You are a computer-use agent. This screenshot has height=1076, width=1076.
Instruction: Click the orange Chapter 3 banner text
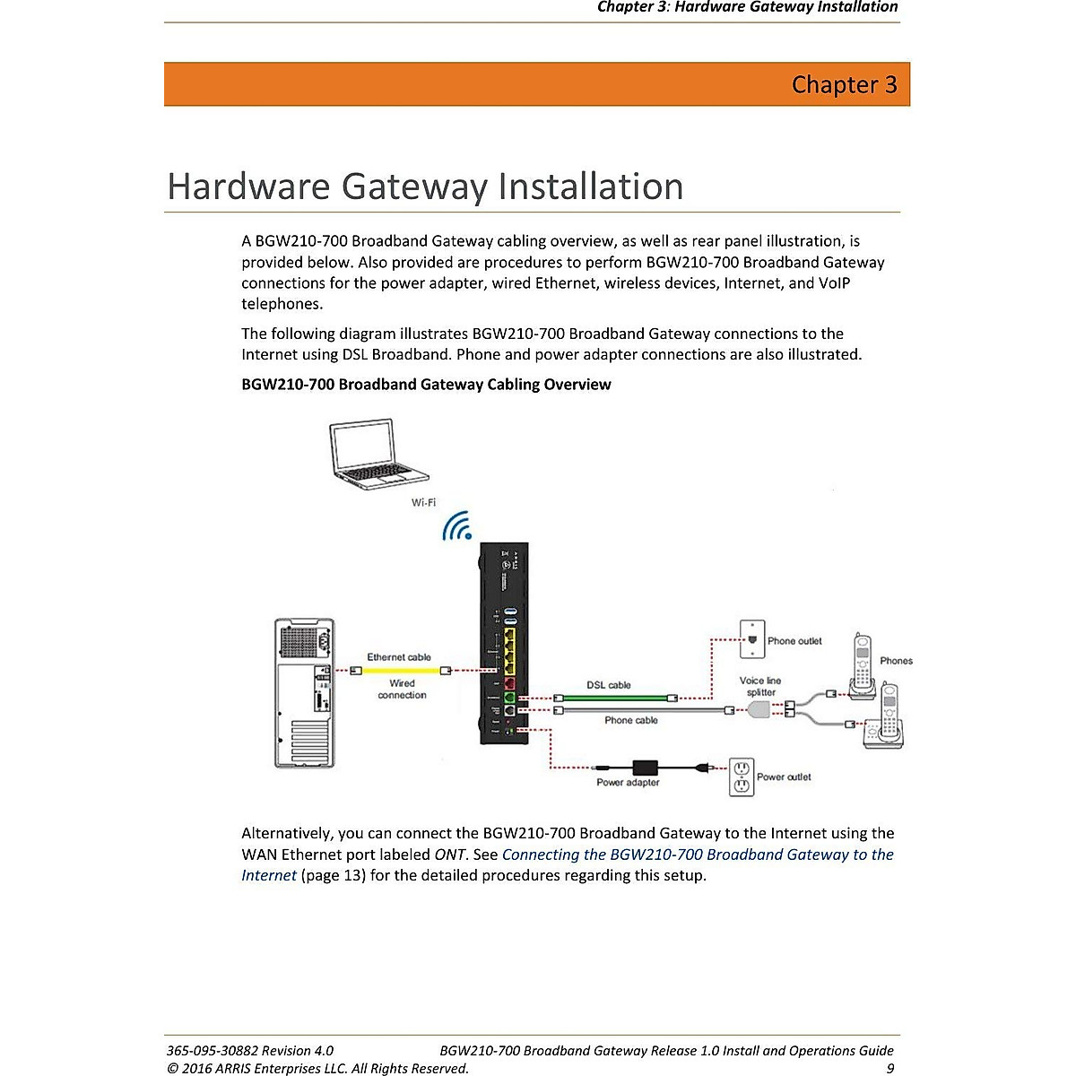pyautogui.click(x=844, y=84)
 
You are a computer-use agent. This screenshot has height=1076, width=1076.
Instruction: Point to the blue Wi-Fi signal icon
pyautogui.click(x=458, y=526)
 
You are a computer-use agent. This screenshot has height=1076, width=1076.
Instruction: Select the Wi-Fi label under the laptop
pyautogui.click(x=423, y=503)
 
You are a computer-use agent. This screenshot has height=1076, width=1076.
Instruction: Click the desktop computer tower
pyautogui.click(x=305, y=693)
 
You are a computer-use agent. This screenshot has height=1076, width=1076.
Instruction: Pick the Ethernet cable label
pyautogui.click(x=399, y=657)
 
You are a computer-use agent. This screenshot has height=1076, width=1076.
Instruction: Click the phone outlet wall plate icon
pyautogui.click(x=751, y=638)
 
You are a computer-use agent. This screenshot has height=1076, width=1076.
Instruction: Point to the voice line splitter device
pyautogui.click(x=759, y=710)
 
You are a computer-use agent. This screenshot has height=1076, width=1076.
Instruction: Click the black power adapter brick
pyautogui.click(x=645, y=768)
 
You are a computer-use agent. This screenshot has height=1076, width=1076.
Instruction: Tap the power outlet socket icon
pyautogui.click(x=741, y=777)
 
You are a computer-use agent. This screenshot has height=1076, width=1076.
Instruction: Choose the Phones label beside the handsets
pyautogui.click(x=896, y=661)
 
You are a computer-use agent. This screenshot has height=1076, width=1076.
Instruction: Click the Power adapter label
pyautogui.click(x=628, y=783)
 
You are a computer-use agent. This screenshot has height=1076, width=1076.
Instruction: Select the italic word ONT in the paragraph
pyautogui.click(x=449, y=855)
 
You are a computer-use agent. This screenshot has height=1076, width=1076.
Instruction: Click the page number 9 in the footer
pyautogui.click(x=889, y=1068)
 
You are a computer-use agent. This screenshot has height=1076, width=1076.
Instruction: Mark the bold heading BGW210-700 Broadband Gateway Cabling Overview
pyautogui.click(x=426, y=385)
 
